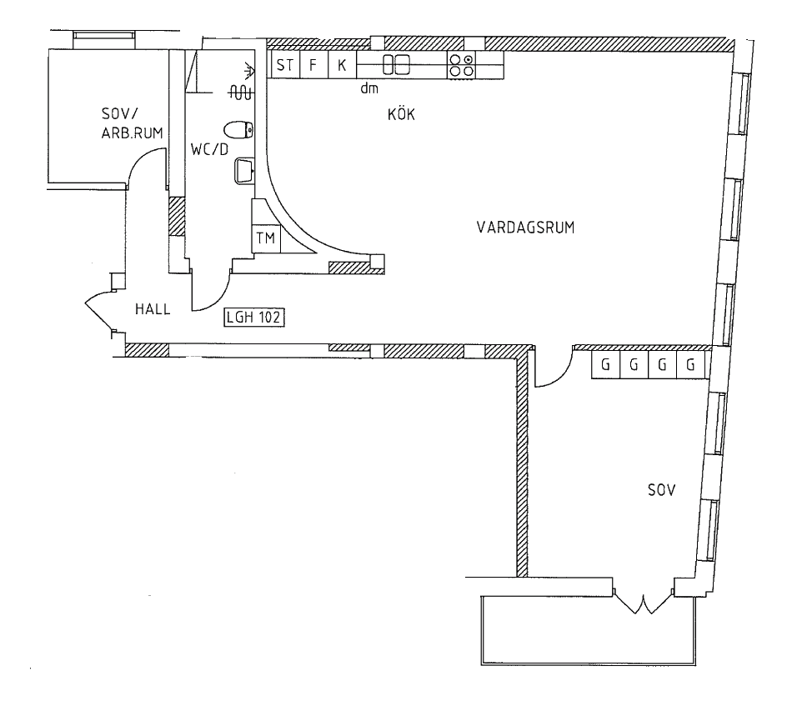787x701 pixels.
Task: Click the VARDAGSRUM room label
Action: tap(525, 228)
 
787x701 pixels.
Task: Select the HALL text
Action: tap(153, 309)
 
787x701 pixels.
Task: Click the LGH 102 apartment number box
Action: tap(254, 317)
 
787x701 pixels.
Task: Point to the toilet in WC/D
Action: tap(238, 131)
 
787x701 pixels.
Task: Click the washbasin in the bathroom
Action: tap(244, 171)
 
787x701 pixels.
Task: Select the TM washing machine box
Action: tap(265, 238)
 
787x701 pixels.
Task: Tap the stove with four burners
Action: tap(461, 65)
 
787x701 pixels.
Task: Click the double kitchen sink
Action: tap(396, 64)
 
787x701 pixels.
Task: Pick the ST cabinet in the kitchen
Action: tap(285, 65)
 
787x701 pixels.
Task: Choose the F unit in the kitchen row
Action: tap(313, 65)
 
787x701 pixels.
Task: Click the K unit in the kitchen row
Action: tap(342, 65)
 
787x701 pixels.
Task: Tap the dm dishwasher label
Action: tap(368, 89)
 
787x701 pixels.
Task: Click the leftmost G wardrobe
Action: tap(606, 364)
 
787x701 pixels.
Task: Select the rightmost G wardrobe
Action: tap(690, 364)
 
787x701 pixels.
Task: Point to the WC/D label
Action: tap(209, 149)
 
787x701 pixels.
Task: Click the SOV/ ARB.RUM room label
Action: tap(132, 123)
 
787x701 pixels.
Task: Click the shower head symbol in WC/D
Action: tap(248, 71)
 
